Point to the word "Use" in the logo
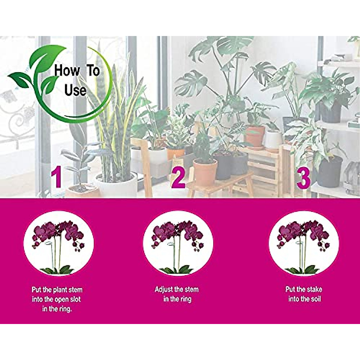point(75,90)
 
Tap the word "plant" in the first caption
point(60,290)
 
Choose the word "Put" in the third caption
point(290,289)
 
